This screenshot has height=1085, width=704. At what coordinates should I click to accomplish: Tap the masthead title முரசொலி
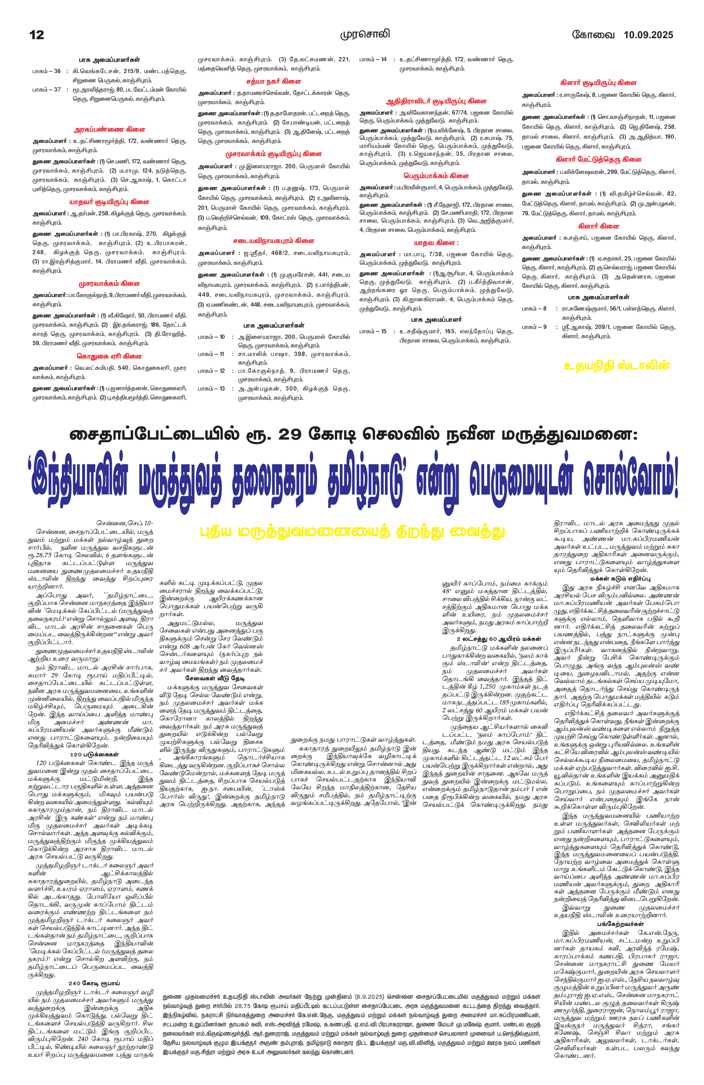click(365, 35)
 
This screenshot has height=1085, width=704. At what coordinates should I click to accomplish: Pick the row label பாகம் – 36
click(46, 71)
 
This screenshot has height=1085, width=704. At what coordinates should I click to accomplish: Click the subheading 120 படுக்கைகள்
click(95, 754)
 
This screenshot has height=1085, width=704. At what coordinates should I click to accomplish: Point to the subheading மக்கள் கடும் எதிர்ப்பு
click(616, 579)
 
